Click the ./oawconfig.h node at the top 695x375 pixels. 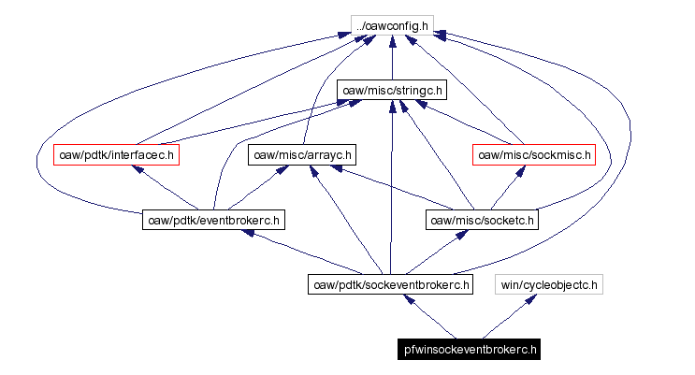[x=391, y=25]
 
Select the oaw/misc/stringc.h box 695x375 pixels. [x=391, y=90]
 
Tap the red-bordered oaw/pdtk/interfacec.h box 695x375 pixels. [x=116, y=154]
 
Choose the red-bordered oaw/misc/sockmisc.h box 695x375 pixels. [x=533, y=154]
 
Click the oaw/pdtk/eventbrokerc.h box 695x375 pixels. [x=213, y=220]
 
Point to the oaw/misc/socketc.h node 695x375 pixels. [x=482, y=220]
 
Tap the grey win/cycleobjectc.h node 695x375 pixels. [x=550, y=284]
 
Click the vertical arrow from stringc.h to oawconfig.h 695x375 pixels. [x=391, y=58]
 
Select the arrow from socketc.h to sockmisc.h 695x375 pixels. [x=505, y=190]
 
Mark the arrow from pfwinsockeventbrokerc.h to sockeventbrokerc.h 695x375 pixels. [x=430, y=317]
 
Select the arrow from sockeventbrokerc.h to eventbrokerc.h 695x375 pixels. [x=299, y=251]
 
